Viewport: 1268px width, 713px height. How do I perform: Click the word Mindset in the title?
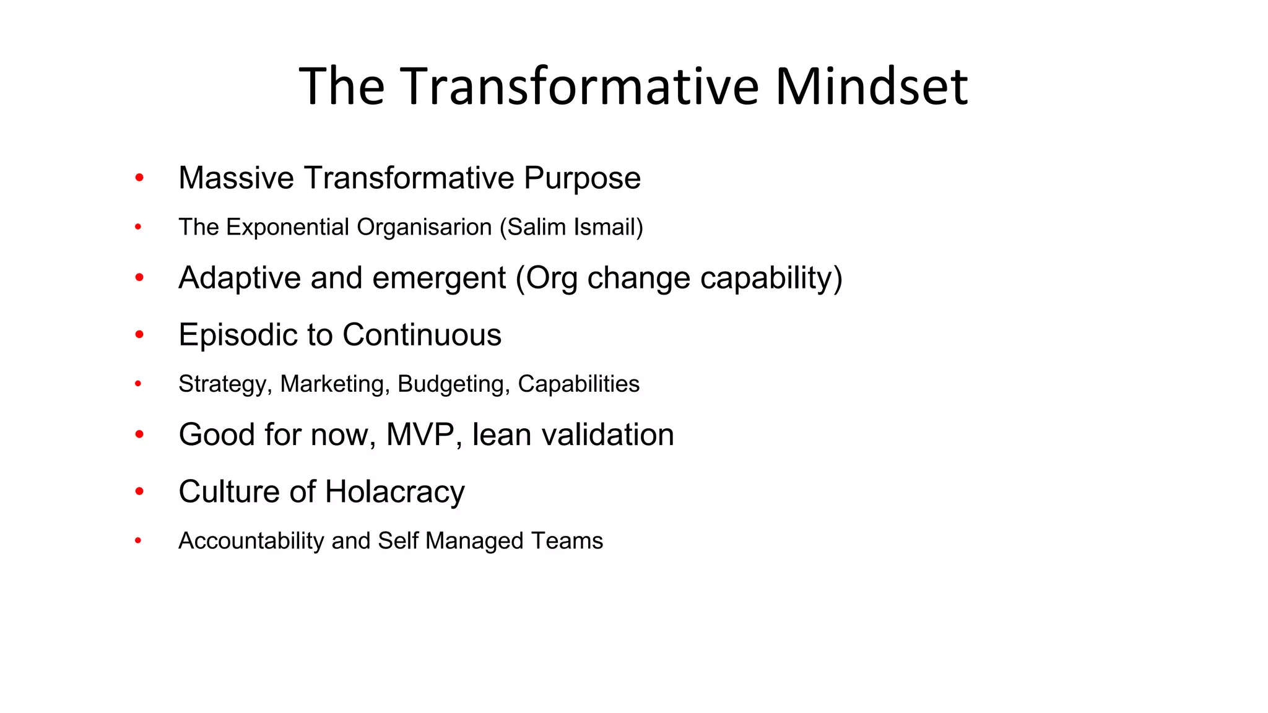point(871,87)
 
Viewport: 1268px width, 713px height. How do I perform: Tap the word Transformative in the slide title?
point(579,87)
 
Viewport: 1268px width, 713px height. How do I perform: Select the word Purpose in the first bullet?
point(582,179)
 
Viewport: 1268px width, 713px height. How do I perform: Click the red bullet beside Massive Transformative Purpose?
point(139,178)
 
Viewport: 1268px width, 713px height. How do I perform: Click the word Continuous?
point(422,335)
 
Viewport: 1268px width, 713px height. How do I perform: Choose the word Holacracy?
point(394,492)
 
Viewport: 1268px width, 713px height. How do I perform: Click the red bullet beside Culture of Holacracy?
point(139,492)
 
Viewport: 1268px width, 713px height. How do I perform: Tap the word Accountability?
point(251,541)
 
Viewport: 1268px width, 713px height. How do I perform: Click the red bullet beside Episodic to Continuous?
point(139,335)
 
